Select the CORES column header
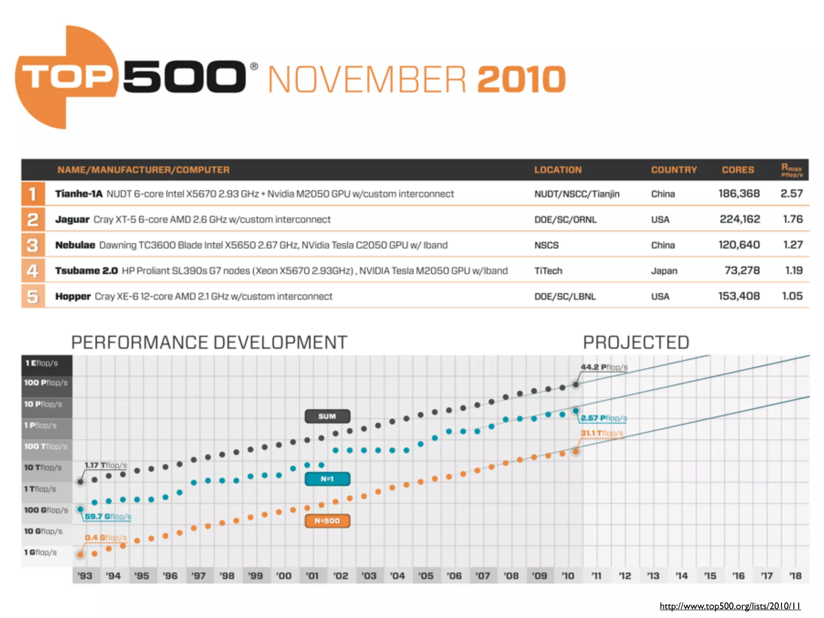point(737,170)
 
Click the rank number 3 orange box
point(33,245)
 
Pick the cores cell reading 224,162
point(740,219)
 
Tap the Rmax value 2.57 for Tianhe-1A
point(791,194)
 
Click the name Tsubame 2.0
point(87,271)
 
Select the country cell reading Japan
point(664,271)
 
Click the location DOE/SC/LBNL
point(564,297)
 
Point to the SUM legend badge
point(327,416)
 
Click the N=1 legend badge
point(327,479)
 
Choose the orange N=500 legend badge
point(327,521)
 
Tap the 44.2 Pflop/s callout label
point(604,367)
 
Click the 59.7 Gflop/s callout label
point(108,516)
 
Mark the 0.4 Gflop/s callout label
point(105,538)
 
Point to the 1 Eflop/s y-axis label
point(42,363)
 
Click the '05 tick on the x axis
point(426,576)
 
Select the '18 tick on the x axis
point(795,576)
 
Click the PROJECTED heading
point(636,343)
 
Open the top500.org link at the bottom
point(729,606)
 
